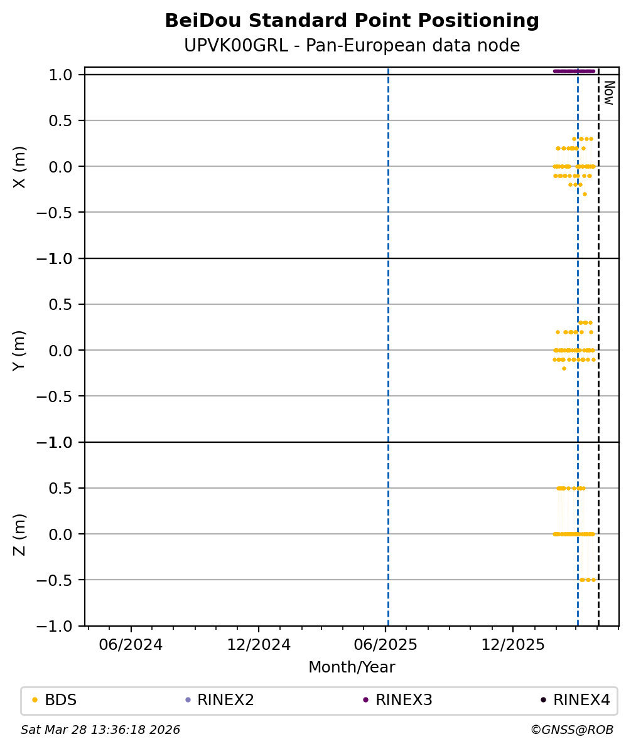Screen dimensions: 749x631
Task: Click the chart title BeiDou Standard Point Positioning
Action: tap(352, 21)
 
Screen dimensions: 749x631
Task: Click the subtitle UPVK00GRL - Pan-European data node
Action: tap(352, 46)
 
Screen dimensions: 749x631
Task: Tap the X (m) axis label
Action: tap(19, 166)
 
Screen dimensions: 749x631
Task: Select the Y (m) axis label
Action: tap(19, 350)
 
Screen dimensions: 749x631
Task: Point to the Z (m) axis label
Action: tap(19, 534)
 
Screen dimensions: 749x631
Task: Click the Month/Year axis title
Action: tap(352, 667)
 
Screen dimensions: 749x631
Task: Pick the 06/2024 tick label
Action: tap(131, 645)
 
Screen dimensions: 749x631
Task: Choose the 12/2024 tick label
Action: tap(259, 645)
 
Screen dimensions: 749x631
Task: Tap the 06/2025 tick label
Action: tap(386, 645)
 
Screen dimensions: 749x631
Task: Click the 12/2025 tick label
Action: tap(513, 645)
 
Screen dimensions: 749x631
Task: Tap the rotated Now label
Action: tap(608, 92)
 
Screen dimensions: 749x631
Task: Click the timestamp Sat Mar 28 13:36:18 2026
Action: tap(100, 730)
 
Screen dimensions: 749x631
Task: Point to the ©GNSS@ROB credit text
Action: tap(571, 730)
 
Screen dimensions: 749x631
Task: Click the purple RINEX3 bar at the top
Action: tap(573, 71)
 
